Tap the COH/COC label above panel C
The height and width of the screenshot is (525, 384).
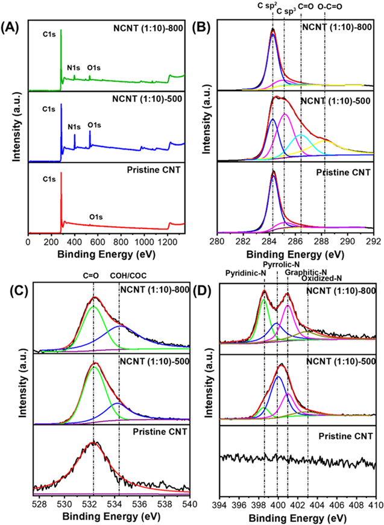coord(128,276)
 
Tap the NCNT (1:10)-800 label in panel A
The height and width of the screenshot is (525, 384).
coord(154,28)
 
